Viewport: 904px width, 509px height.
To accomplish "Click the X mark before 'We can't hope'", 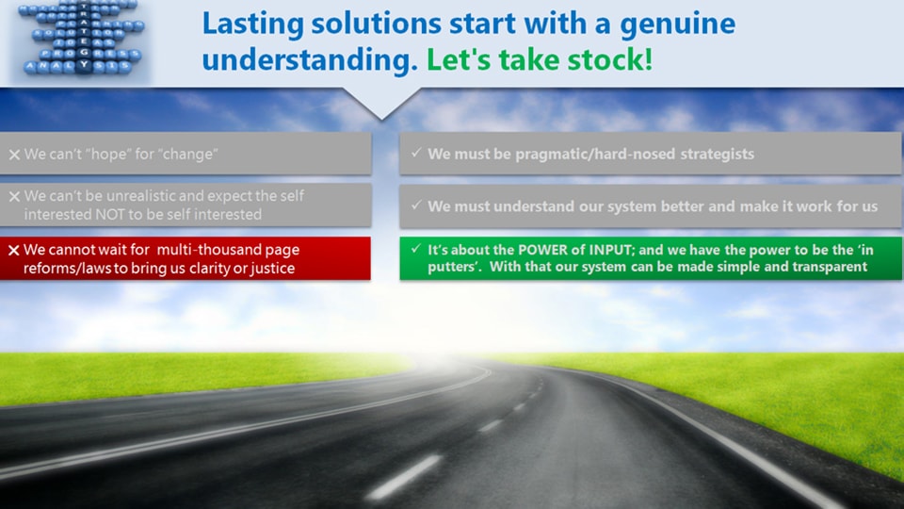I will click(14, 155).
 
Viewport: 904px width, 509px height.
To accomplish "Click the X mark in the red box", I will click(14, 251).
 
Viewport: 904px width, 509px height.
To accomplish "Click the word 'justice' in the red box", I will click(268, 269).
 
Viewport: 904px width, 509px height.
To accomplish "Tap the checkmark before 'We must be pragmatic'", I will click(415, 153).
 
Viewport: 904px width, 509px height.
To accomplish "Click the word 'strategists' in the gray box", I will click(714, 154).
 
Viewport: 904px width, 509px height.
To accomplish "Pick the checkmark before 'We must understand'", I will click(415, 205).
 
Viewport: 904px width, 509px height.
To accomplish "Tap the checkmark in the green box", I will click(415, 249).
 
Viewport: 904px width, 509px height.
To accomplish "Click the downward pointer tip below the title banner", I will click(381, 117).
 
